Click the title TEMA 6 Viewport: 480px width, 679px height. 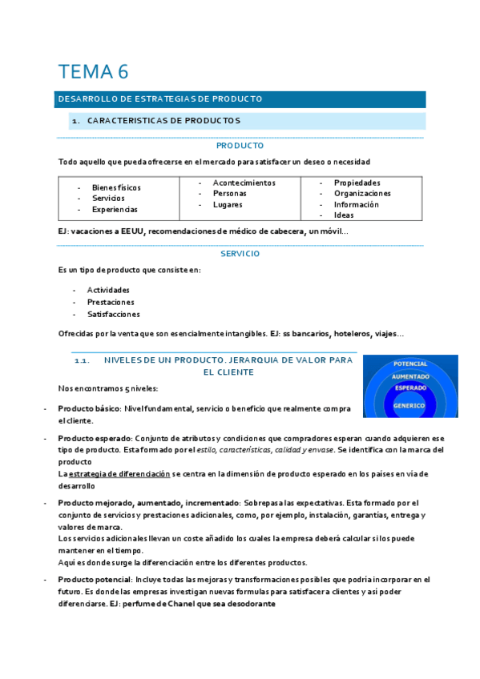coord(93,71)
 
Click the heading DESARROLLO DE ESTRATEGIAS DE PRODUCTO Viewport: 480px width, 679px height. coord(160,99)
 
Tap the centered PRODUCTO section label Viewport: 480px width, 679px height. coord(240,147)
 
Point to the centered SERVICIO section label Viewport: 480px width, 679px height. coord(240,253)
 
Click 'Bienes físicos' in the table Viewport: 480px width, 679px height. coord(116,187)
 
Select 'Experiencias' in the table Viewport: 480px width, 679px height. coord(115,209)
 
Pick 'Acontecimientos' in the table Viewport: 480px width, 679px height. coord(244,183)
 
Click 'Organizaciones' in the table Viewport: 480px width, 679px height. coord(362,193)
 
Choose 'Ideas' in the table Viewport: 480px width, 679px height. coord(344,215)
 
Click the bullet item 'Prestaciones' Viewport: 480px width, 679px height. coord(111,302)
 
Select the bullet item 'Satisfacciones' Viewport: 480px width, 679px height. coord(113,314)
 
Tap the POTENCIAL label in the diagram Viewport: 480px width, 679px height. coord(410,364)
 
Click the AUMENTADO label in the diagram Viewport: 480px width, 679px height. coord(410,376)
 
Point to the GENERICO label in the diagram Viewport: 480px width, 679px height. coord(410,405)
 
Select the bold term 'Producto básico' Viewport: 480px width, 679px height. coord(87,408)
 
